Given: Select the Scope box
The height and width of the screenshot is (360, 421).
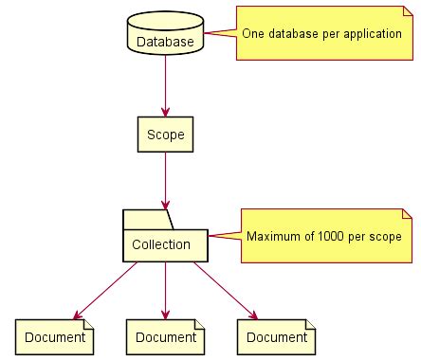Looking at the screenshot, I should (165, 135).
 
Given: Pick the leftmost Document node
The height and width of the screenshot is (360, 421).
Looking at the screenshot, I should (55, 336).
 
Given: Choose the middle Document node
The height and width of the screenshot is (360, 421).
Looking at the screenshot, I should (165, 336).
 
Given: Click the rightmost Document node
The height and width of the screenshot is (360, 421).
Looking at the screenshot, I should (275, 336).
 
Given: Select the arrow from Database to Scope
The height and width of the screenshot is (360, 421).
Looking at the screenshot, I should (165, 85).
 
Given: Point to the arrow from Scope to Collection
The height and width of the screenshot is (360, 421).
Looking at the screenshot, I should (165, 180).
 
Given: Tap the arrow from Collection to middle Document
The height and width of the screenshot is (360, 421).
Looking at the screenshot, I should (165, 290).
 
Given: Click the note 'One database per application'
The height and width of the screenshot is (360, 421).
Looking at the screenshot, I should (322, 33).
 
